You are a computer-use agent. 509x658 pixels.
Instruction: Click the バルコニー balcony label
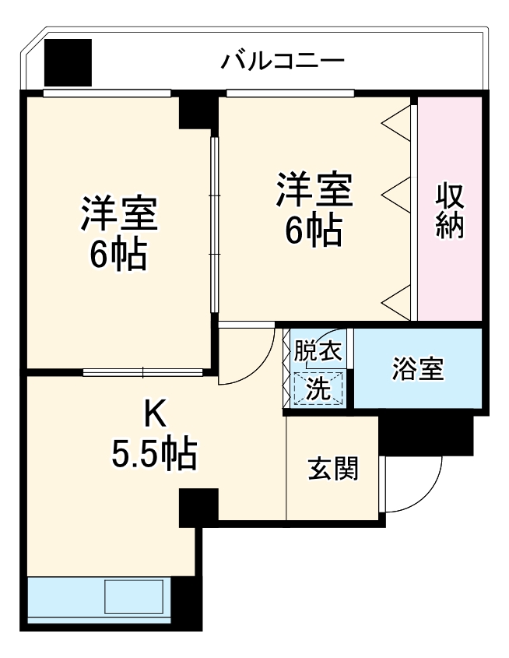coord(282,60)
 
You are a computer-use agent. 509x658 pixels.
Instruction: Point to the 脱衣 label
coord(317,352)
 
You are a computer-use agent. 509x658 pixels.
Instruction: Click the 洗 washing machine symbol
coord(318,387)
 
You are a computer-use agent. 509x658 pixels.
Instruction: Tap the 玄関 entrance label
coord(333,469)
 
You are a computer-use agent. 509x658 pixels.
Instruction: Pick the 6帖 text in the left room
coord(118,254)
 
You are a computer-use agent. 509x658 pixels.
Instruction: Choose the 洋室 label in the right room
coord(314,190)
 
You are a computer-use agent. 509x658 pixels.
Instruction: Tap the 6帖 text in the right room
coord(313,229)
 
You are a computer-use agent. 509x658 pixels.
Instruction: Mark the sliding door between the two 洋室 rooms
coord(214,226)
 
